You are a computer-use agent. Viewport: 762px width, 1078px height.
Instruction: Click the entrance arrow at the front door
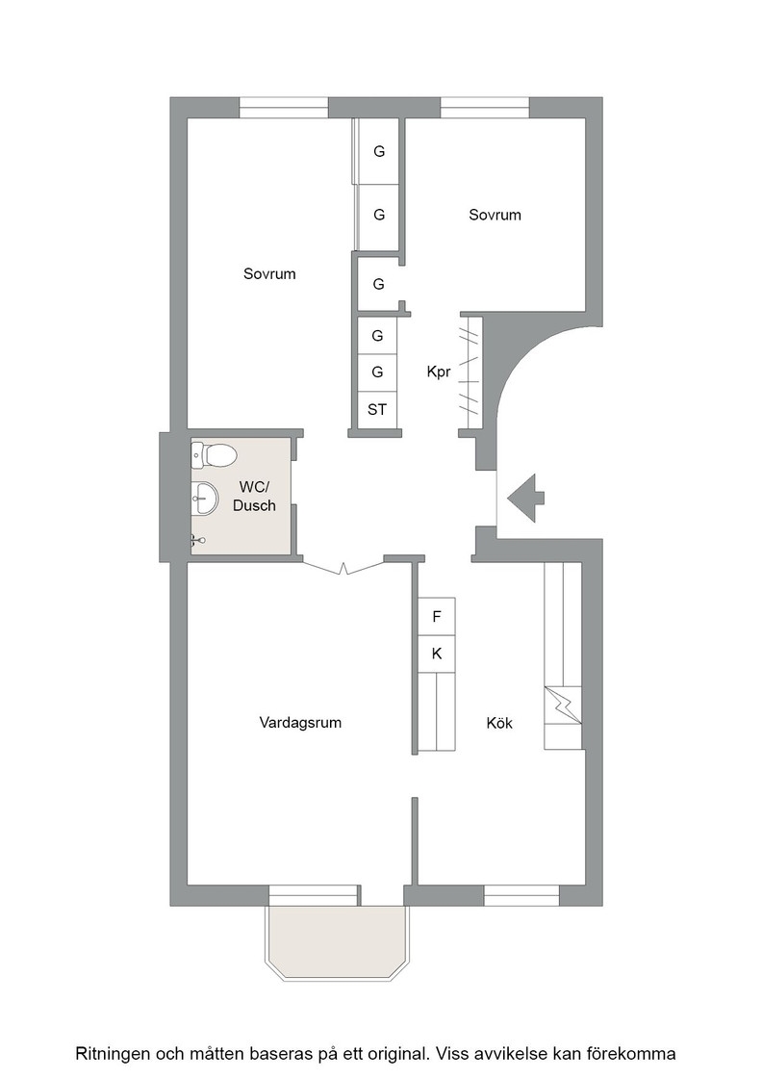(525, 498)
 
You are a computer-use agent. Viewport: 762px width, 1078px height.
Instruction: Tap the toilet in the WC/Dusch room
(214, 454)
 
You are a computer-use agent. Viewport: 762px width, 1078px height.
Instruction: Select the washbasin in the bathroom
(204, 497)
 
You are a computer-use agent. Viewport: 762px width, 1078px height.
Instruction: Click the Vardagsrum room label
(300, 723)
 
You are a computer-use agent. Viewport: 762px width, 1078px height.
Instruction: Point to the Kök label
(499, 723)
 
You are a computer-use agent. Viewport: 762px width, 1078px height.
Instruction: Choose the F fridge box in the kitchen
(436, 617)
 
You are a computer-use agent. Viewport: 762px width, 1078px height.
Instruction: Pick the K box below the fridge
(436, 654)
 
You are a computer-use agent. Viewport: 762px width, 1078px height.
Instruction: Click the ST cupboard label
(377, 410)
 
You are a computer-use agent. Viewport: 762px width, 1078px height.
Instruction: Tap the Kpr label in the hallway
(439, 372)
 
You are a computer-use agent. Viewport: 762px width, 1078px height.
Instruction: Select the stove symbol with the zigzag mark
(563, 705)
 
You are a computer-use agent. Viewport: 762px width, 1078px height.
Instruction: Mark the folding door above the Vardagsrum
(343, 567)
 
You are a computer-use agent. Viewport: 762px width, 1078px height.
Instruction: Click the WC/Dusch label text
(254, 496)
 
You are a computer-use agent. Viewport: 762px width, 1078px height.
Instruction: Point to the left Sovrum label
(269, 273)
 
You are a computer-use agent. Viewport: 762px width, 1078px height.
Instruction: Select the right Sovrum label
(495, 215)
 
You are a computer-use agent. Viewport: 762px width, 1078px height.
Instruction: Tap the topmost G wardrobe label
(379, 151)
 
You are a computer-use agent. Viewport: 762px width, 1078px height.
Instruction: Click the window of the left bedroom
(284, 108)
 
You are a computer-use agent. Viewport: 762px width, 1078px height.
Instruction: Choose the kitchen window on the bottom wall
(521, 896)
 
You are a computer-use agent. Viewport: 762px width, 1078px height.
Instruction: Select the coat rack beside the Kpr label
(470, 372)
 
